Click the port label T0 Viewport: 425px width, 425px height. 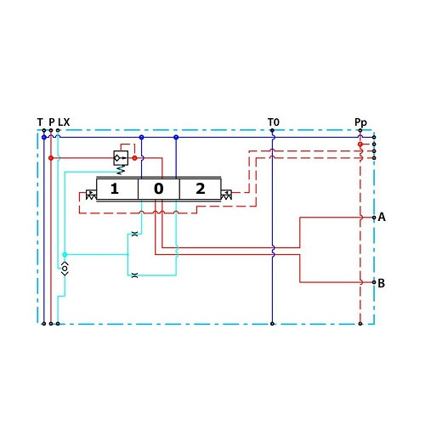274,122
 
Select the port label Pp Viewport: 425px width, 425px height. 360,122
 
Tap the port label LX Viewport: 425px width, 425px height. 64,122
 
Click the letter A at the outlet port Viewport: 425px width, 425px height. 382,217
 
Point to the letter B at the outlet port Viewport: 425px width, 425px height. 382,283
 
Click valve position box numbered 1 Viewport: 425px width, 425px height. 117,189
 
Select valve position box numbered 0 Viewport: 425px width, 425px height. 159,189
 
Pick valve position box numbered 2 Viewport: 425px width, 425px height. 200,189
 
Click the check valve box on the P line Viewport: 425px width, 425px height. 121,158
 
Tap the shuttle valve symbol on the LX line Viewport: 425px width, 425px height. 65,269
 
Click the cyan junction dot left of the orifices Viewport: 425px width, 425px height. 65,254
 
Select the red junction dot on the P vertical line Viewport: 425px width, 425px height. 51,158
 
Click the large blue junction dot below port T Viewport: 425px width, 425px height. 44,137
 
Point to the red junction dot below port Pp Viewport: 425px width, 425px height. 360,144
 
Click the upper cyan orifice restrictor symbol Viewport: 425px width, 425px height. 135,234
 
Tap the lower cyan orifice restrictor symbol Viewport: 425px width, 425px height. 135,275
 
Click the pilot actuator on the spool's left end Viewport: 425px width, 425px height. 91,195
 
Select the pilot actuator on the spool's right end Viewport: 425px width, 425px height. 226,195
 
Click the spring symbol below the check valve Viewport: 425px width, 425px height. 121,169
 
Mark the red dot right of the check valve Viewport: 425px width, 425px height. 134,158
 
